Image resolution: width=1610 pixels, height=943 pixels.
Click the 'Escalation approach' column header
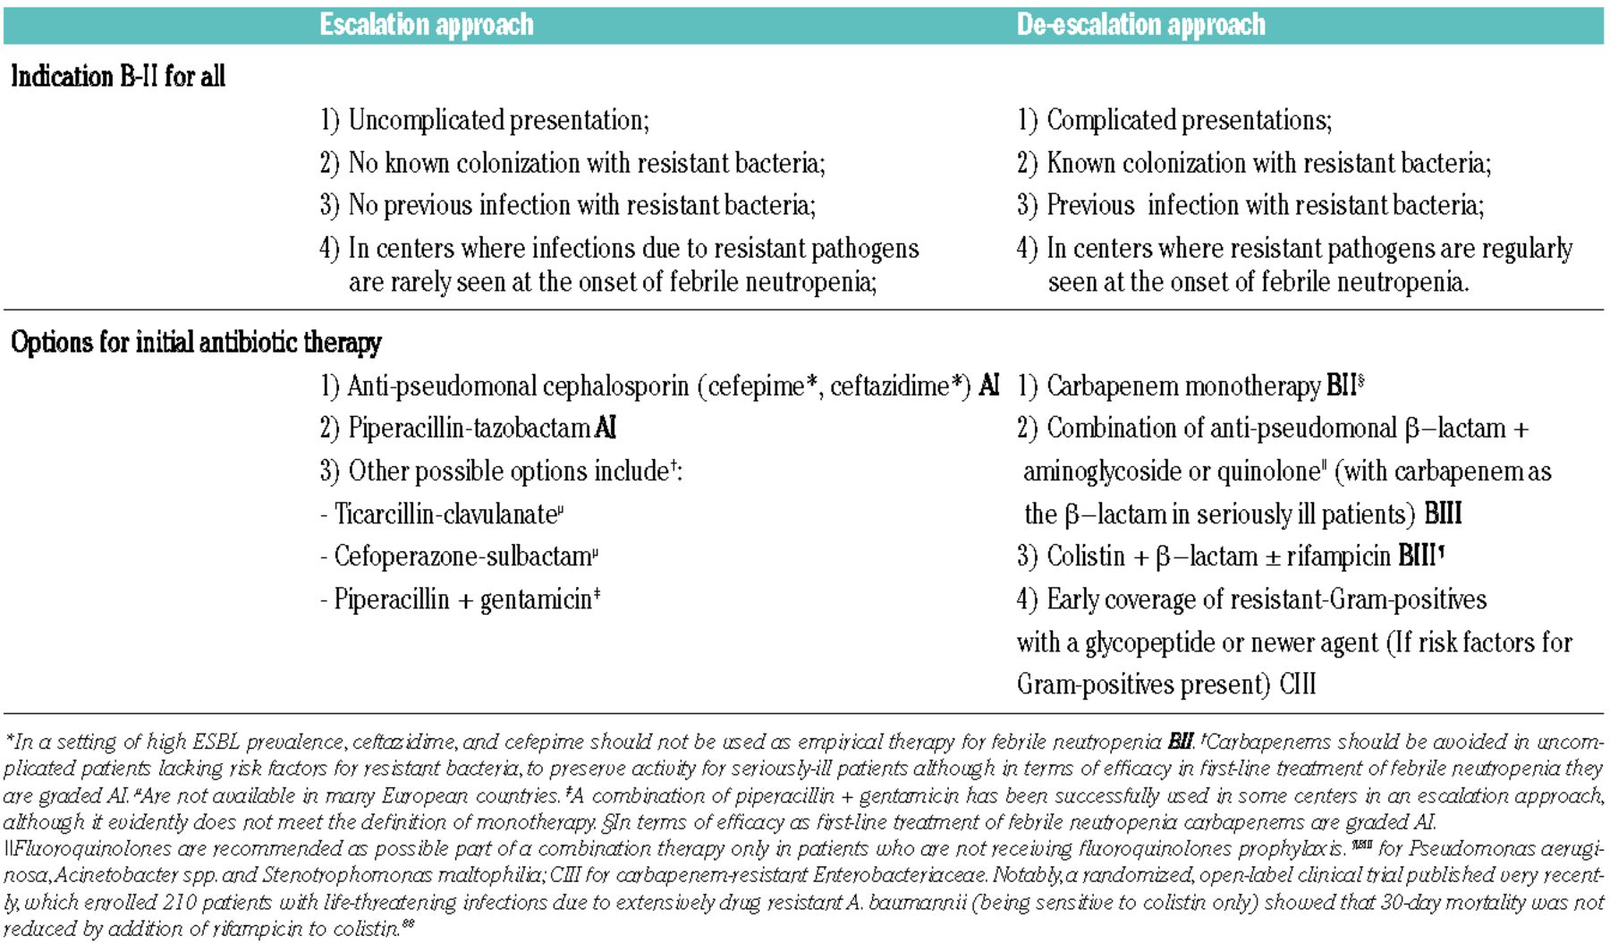tap(427, 24)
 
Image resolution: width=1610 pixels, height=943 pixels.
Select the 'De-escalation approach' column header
tap(1140, 24)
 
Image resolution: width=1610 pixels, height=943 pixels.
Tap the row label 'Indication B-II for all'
tap(118, 76)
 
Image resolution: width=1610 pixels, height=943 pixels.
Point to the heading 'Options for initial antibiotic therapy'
tap(196, 343)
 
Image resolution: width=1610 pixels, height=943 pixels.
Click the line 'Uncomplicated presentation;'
tap(498, 120)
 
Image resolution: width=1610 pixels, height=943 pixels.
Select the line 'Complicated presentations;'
tap(1189, 120)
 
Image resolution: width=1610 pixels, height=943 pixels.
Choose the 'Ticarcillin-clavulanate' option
tap(445, 514)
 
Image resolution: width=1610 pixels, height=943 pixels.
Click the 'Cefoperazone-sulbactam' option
tap(462, 556)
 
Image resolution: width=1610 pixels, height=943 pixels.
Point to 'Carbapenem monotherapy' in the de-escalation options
tap(1183, 386)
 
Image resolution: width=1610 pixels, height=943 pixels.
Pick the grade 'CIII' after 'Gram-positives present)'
tap(1297, 684)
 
